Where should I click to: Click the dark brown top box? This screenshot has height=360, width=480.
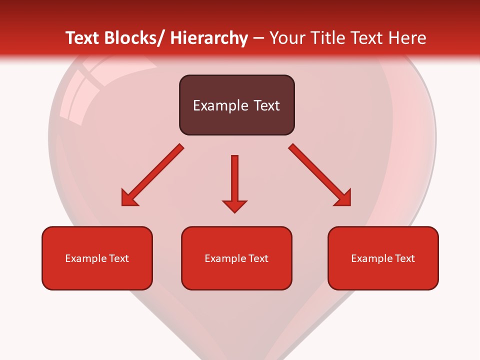click(236, 105)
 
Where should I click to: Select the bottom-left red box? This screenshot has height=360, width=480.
click(97, 258)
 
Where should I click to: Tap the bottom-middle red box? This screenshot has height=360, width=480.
click(236, 258)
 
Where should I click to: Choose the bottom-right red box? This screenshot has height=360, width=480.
click(383, 258)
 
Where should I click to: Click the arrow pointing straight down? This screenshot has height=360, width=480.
click(234, 182)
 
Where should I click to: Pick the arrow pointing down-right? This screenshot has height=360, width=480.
click(320, 175)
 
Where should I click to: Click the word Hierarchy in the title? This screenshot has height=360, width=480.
click(208, 38)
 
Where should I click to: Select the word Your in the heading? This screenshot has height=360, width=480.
click(286, 38)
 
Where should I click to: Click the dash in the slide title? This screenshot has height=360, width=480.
click(258, 38)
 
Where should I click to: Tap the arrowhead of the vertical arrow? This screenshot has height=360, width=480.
click(234, 205)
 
